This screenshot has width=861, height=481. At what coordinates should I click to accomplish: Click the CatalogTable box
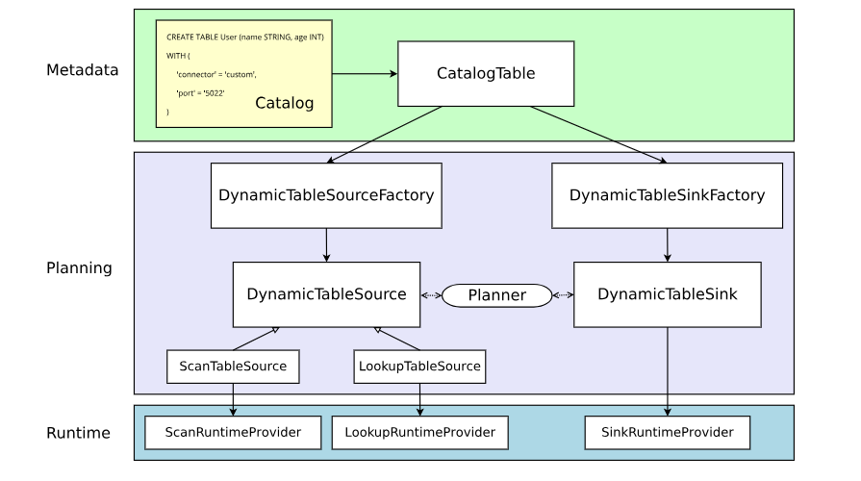point(486,73)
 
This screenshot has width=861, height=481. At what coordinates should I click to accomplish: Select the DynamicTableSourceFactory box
point(326,195)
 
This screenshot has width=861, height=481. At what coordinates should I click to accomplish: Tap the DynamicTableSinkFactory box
point(667,195)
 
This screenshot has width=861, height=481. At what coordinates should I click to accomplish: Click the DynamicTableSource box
point(326,294)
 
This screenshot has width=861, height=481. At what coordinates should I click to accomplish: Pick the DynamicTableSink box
point(667,294)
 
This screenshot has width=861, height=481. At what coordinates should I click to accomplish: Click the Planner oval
point(496,295)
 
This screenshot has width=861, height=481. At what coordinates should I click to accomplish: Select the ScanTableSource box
point(233,367)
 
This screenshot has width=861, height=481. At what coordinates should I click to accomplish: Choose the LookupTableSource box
point(418,367)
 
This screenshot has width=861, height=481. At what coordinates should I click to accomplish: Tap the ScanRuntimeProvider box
point(233,433)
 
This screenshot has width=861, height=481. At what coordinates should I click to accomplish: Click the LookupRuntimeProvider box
point(418,433)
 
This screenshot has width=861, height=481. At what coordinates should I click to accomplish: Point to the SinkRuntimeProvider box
point(667,433)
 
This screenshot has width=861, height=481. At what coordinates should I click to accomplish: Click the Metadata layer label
point(82,70)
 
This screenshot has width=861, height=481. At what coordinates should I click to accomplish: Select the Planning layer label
point(79,268)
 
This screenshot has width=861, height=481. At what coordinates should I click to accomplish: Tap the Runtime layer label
point(78,433)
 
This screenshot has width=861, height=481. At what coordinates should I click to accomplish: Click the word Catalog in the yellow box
point(284,103)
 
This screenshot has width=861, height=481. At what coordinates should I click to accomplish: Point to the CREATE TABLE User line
point(244,37)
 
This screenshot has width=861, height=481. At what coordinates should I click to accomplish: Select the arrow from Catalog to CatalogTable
point(365,73)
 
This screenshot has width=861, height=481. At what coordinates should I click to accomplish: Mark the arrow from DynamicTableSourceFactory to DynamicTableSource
point(326,244)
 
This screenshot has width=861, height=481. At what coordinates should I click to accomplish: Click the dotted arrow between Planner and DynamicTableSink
point(563,295)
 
